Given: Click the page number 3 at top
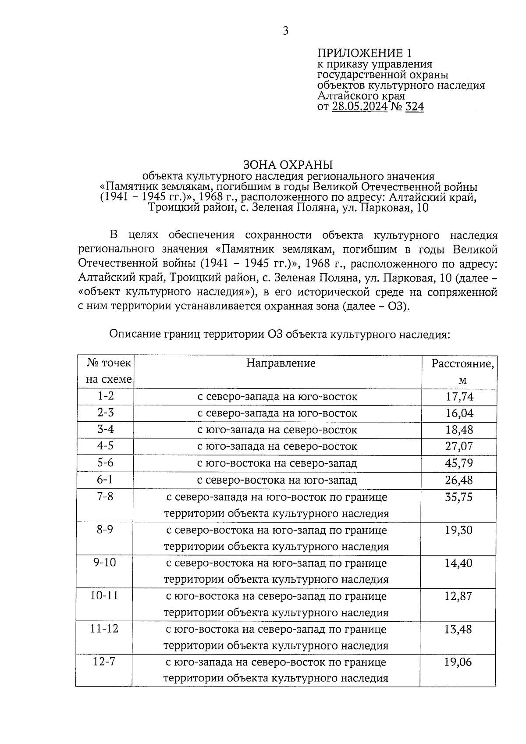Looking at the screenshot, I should (285, 31).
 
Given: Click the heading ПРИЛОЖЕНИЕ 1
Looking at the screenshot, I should (365, 53).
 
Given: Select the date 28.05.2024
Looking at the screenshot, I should (360, 107).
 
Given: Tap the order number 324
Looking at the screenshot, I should (415, 107).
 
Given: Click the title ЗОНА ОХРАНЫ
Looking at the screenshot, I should (288, 165).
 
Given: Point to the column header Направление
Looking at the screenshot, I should (281, 363).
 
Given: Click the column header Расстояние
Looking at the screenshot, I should (462, 364).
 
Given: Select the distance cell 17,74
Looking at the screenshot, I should (459, 397).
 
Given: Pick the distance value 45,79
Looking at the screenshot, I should (459, 463).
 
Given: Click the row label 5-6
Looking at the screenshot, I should (105, 463).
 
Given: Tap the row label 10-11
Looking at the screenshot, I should (104, 596).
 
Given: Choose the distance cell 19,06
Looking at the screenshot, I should (458, 662).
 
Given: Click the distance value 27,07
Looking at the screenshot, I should (459, 446).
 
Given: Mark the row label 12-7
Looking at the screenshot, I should (104, 662).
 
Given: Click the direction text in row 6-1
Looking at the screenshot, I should (277, 480).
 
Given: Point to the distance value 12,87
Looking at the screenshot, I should (458, 596).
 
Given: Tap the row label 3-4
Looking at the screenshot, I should (105, 429).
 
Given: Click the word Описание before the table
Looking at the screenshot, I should (135, 335).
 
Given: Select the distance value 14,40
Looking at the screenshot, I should (458, 563).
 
